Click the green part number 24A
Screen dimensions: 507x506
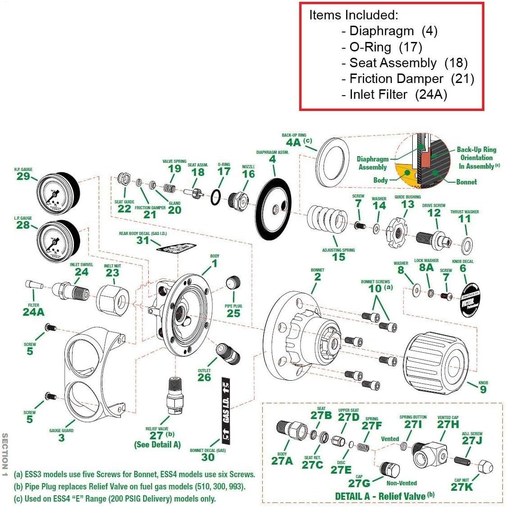pyautogui.click(x=33, y=312)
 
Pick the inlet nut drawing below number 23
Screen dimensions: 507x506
pyautogui.click(x=113, y=298)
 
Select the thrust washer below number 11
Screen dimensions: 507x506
pyautogui.click(x=467, y=245)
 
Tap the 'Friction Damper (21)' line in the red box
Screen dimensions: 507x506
pyautogui.click(x=407, y=79)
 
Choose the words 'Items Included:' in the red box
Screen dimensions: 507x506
pyautogui.click(x=353, y=15)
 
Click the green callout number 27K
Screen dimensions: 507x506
pyautogui.click(x=462, y=486)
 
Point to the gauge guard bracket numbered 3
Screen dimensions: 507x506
pyautogui.click(x=92, y=370)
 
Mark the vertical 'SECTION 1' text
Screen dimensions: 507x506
pyautogui.click(x=5, y=456)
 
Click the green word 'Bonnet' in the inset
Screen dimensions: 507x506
pyautogui.click(x=466, y=182)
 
